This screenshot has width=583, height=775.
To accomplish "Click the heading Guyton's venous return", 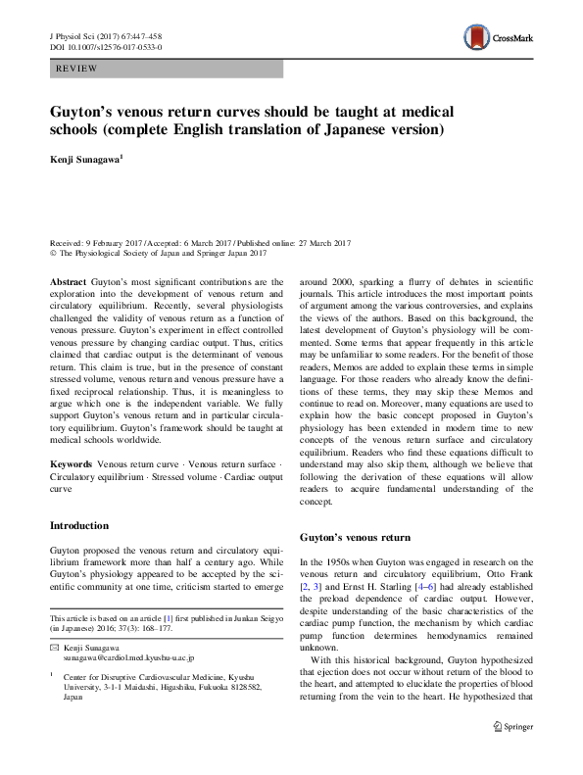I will [x=355, y=538].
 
